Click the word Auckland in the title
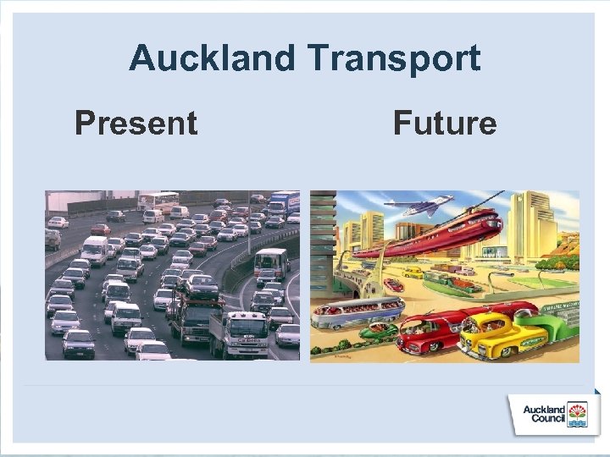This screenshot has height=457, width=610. (212, 59)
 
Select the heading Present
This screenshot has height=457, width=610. (136, 124)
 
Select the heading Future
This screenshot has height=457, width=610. (445, 124)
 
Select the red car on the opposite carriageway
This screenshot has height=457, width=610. (101, 228)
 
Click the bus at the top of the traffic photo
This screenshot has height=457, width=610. (158, 201)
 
